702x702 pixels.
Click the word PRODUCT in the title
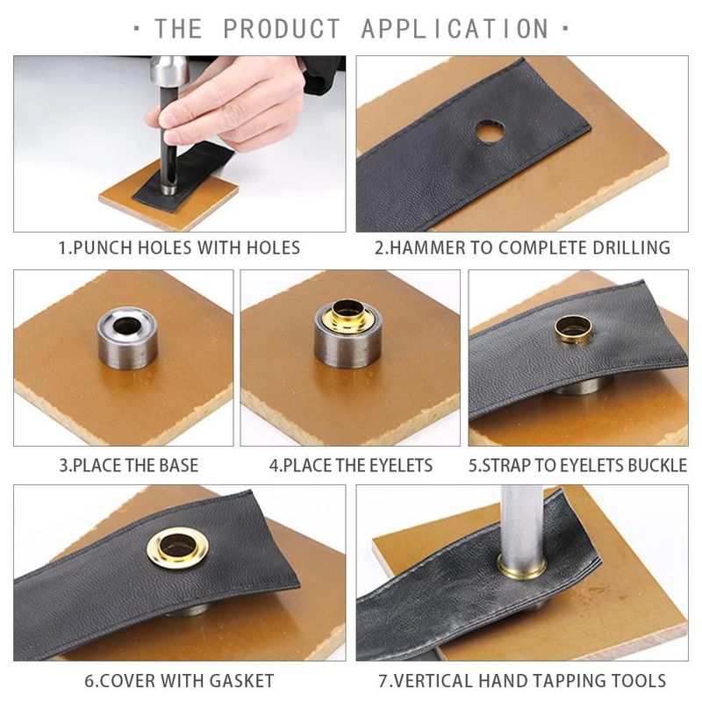282,29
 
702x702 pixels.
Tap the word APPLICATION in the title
455,29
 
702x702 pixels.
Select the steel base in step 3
127,338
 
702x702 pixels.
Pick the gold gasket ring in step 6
178,545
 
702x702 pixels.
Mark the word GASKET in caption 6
242,681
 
